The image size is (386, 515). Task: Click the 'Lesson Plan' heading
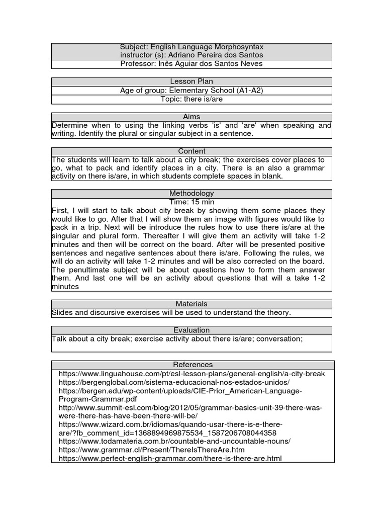(191, 81)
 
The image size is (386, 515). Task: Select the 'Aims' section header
(191, 116)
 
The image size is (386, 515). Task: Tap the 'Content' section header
(191, 151)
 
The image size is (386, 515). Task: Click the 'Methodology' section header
(191, 193)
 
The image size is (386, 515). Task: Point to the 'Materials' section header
(191, 304)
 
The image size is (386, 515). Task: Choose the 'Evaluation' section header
(191, 330)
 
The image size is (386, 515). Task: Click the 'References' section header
(191, 365)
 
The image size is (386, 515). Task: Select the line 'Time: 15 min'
(191, 202)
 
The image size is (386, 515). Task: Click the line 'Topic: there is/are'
(191, 99)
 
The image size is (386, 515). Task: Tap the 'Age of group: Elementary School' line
(191, 91)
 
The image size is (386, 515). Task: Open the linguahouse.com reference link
(191, 374)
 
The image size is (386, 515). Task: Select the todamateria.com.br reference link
(174, 441)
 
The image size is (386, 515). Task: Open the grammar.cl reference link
(152, 450)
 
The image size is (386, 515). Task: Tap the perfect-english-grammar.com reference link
(170, 458)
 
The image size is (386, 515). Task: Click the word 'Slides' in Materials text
(62, 313)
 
